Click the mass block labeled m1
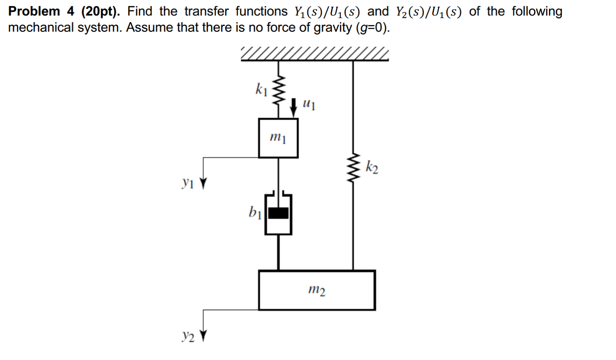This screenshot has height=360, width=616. point(278,138)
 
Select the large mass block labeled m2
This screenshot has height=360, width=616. point(316,290)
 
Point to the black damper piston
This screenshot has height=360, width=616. point(278,213)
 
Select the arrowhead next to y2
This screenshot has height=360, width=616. point(203,336)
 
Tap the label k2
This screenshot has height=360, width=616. point(372,167)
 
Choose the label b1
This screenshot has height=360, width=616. point(255,212)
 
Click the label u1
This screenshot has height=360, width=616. point(309,104)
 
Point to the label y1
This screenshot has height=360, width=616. point(188,182)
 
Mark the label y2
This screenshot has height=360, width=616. point(188,336)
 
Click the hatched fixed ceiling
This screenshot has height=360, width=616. point(314,54)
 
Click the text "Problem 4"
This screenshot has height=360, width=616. point(41,11)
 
